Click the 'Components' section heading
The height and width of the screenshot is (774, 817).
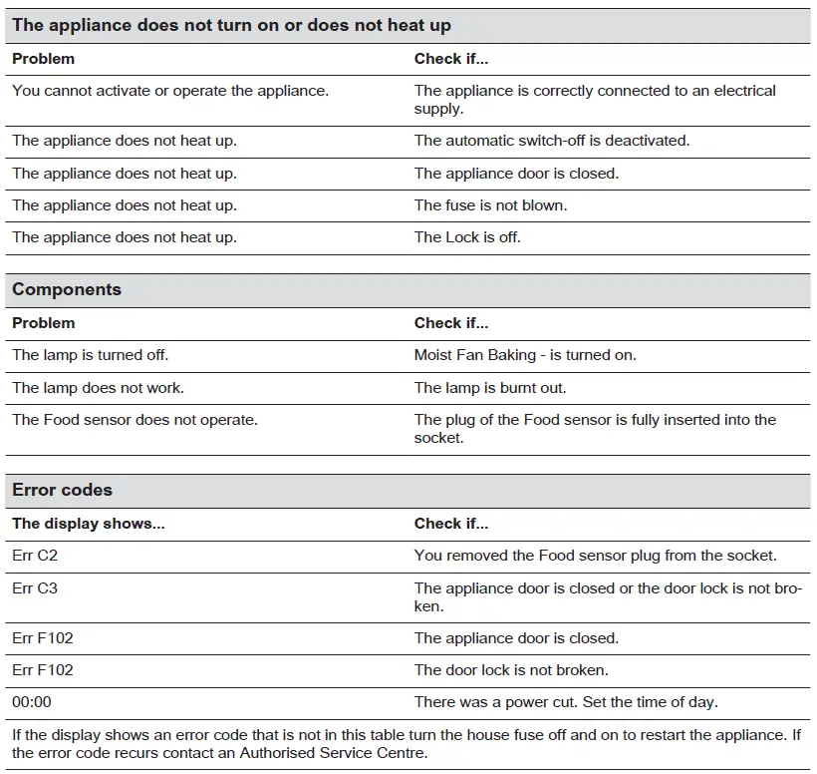pyautogui.click(x=67, y=290)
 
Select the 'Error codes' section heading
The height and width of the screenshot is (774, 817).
pyautogui.click(x=62, y=491)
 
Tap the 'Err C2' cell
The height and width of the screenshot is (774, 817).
pyautogui.click(x=35, y=556)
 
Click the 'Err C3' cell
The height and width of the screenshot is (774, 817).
pyautogui.click(x=35, y=588)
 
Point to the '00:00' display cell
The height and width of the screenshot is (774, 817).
pyautogui.click(x=32, y=702)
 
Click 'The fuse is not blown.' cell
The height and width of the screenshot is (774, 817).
pyautogui.click(x=490, y=205)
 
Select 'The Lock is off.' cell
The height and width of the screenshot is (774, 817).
pyautogui.click(x=467, y=237)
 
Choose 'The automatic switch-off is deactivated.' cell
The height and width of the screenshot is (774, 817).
pyautogui.click(x=552, y=141)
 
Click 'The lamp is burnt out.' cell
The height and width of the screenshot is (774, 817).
pyautogui.click(x=490, y=388)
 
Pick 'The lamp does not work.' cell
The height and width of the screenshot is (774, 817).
pyautogui.click(x=98, y=388)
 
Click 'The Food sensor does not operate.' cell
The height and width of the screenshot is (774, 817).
pyautogui.click(x=135, y=420)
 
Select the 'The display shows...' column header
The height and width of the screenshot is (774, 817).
pyautogui.click(x=89, y=524)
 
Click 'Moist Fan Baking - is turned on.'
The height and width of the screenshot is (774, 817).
pyautogui.click(x=525, y=355)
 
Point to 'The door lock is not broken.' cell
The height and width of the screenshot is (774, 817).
pyautogui.click(x=511, y=670)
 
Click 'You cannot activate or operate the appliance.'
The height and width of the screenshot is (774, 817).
pyautogui.click(x=170, y=91)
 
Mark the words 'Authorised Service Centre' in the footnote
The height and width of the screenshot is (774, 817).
pyautogui.click(x=338, y=753)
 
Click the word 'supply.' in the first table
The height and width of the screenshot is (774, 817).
pyautogui.click(x=438, y=109)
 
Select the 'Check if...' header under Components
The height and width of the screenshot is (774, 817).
pyautogui.click(x=451, y=323)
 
